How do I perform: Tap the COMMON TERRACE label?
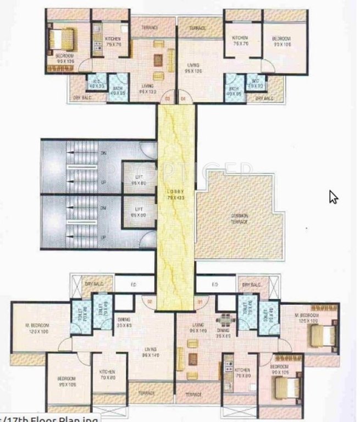tap(240, 218)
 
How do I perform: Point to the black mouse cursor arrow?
tap(333, 197)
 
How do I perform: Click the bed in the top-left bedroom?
tap(57, 39)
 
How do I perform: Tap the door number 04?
tap(184, 99)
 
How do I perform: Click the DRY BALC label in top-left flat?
tap(81, 98)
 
